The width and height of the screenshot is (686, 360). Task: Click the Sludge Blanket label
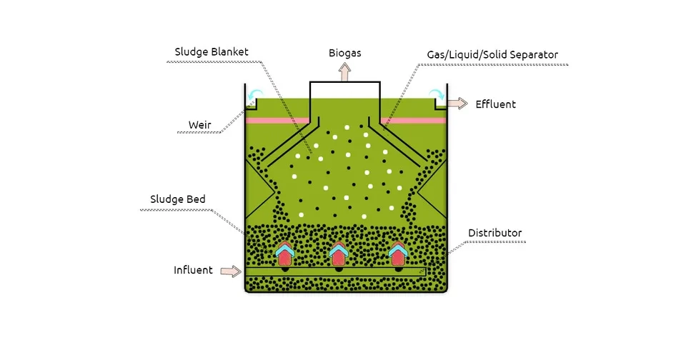[x=212, y=52]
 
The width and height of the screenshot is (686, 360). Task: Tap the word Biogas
[x=344, y=53]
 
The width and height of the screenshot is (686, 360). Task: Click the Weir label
[x=200, y=125]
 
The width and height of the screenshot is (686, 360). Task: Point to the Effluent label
[x=495, y=104]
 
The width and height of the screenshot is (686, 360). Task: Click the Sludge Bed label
[x=178, y=199]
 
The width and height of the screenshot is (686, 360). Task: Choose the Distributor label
[x=494, y=233]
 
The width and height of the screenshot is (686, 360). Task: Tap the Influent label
[x=193, y=270]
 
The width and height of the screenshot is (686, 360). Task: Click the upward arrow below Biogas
[x=345, y=71]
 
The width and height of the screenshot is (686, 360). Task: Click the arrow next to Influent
[x=230, y=271]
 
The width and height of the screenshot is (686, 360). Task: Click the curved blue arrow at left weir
[x=255, y=95]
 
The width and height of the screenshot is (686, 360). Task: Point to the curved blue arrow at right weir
[x=435, y=95]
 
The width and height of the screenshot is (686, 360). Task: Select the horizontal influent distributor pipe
[x=335, y=272]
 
